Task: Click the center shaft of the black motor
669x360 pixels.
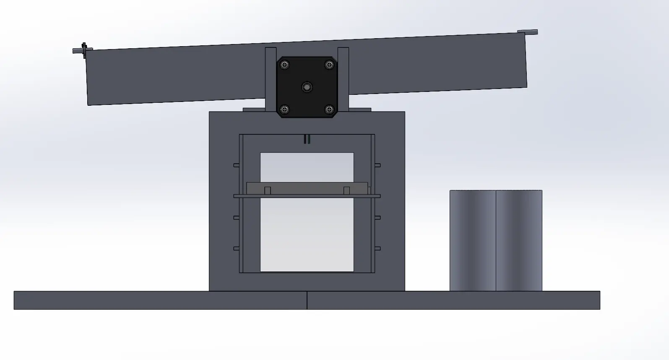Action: [x=307, y=87]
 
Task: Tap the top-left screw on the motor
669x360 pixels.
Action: [x=285, y=65]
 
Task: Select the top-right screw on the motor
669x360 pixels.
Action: [x=330, y=65]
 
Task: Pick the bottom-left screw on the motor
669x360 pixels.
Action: [x=285, y=110]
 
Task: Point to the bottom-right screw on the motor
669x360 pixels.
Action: [x=330, y=110]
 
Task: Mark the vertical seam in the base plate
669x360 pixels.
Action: [x=307, y=300]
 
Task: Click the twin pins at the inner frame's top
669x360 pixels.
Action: [x=307, y=139]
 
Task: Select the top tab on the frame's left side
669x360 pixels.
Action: [x=236, y=165]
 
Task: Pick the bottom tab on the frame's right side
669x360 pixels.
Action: [x=377, y=248]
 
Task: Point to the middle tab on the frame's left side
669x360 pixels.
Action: [x=236, y=217]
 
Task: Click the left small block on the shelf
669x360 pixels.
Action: [x=268, y=190]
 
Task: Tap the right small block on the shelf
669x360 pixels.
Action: [x=346, y=190]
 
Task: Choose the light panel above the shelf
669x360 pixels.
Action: [x=307, y=167]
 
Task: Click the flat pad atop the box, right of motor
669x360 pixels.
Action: [x=360, y=110]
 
